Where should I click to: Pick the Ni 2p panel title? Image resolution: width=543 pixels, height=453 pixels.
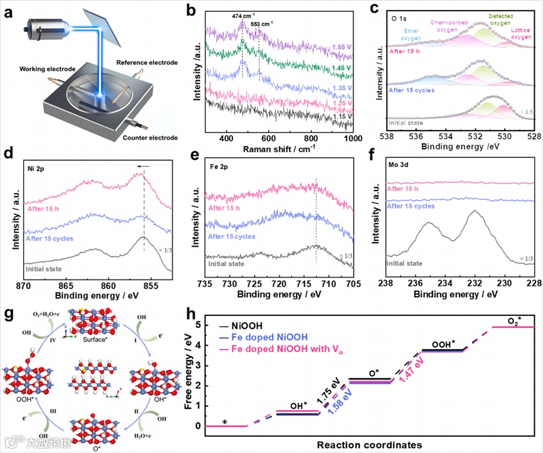coord(36,170)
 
